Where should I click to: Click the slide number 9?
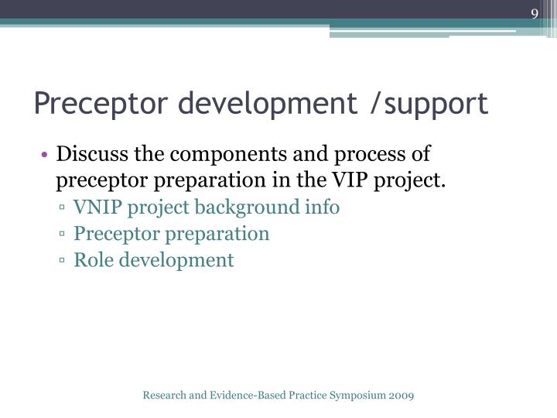pos(535,14)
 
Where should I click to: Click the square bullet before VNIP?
pos(62,208)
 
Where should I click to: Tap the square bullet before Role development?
pos(62,261)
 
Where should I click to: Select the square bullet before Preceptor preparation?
pos(62,235)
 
